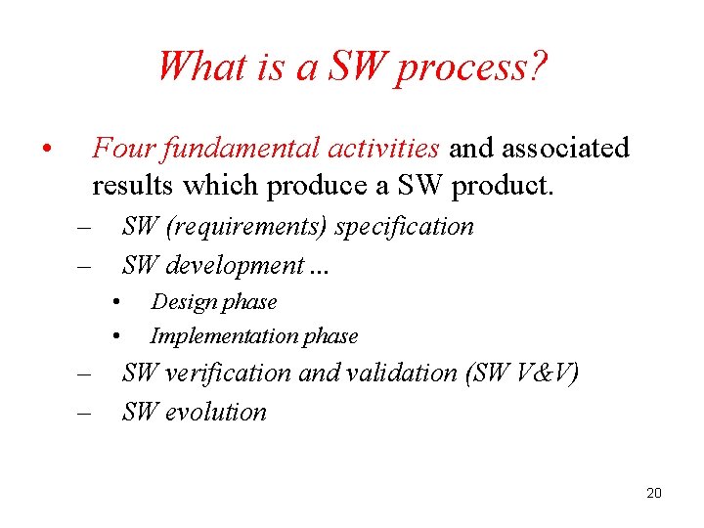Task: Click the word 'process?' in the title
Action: tap(471, 68)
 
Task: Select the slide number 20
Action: tap(654, 493)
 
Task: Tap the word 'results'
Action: tap(135, 185)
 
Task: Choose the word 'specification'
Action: tap(405, 227)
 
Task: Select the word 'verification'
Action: tap(228, 373)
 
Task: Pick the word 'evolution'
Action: tap(216, 412)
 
